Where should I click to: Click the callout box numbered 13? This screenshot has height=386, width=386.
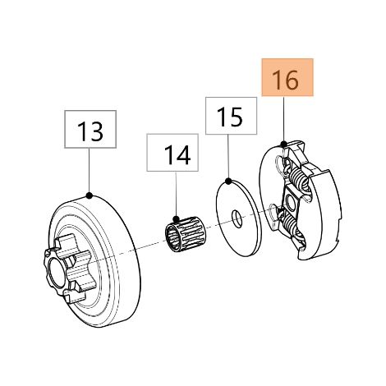[x=90, y=129]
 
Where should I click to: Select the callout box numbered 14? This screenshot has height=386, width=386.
[x=172, y=153]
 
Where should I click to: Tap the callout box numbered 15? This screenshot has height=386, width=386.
[x=231, y=116]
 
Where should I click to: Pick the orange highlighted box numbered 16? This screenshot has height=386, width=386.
[x=287, y=77]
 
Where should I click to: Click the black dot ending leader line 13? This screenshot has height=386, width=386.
[x=89, y=195]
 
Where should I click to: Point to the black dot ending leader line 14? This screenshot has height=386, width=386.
[x=176, y=218]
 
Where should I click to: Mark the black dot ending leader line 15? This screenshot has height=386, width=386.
[x=228, y=181]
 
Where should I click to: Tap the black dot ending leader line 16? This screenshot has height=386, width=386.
[x=284, y=144]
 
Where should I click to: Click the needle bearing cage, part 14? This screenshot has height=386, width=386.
[x=182, y=233]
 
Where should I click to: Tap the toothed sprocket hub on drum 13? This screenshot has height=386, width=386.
[x=68, y=269]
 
